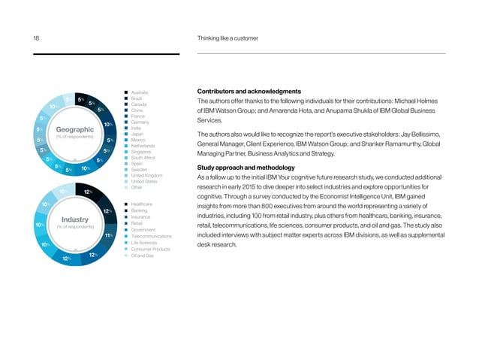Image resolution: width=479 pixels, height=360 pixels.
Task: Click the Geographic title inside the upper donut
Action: (x=74, y=129)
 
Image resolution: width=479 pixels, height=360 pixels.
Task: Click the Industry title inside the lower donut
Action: (x=74, y=220)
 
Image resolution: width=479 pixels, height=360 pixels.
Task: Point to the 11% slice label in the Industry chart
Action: (x=109, y=236)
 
